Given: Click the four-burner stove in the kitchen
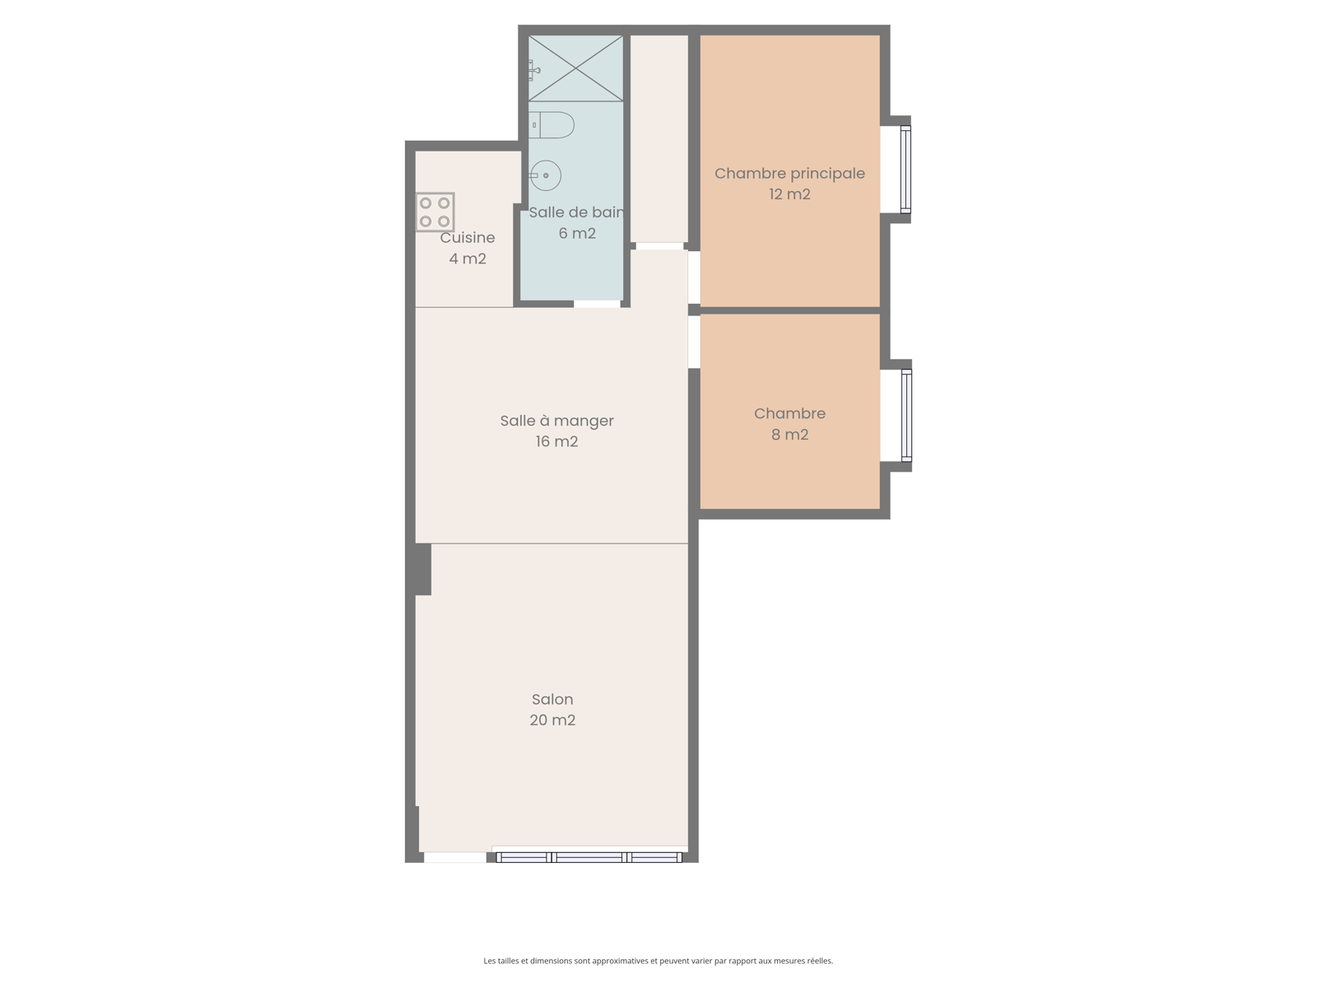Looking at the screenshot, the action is [435, 212].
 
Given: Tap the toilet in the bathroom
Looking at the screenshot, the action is [551, 125].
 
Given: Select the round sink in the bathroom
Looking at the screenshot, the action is [546, 175].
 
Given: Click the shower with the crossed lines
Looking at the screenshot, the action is [575, 68].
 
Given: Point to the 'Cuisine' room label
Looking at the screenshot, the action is [468, 238].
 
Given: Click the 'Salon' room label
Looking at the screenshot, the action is [552, 700].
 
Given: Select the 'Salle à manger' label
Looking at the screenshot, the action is [556, 421].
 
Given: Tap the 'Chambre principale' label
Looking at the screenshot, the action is [789, 174].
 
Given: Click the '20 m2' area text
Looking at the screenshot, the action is [552, 720].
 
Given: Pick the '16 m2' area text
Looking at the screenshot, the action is [556, 441].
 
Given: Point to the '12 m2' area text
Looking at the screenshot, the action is [789, 194].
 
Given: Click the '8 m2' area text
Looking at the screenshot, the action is [789, 435].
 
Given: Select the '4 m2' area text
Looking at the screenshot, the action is [468, 259].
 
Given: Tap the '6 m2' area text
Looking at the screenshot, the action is [577, 233].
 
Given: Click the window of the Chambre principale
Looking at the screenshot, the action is [906, 169].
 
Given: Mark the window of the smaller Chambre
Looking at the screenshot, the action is [906, 415].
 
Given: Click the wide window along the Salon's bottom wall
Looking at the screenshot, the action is [589, 857].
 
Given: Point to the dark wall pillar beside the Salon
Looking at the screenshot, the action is [422, 569].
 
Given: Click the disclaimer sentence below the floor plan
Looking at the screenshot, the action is [658, 960].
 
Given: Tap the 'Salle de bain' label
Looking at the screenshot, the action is [576, 212].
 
